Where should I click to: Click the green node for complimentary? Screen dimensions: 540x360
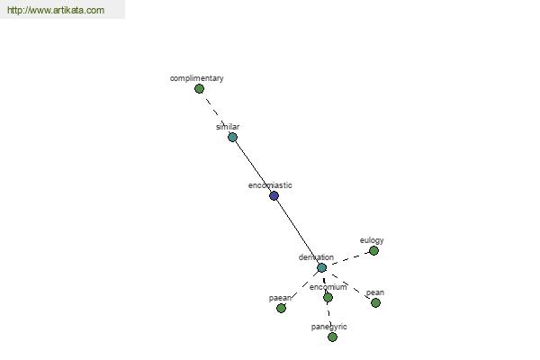click(x=199, y=89)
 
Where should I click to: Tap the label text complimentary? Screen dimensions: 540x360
click(x=196, y=78)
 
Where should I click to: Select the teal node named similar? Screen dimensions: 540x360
click(x=232, y=138)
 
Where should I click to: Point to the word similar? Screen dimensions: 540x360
click(x=228, y=127)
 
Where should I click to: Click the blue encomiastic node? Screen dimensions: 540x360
click(x=274, y=196)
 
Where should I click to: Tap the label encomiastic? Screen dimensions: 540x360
click(x=270, y=185)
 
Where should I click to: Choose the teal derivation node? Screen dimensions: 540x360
click(x=321, y=267)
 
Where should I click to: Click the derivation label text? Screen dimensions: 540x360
click(x=316, y=257)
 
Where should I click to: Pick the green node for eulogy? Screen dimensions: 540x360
click(x=373, y=251)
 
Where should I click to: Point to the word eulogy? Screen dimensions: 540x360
click(x=372, y=240)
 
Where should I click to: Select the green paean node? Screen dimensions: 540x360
click(x=281, y=308)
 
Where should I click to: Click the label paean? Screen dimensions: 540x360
click(x=280, y=298)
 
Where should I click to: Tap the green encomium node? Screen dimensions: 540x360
click(x=328, y=297)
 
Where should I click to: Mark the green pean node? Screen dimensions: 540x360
click(x=375, y=302)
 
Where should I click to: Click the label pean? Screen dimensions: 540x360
click(x=375, y=292)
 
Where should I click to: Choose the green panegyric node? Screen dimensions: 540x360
click(x=332, y=337)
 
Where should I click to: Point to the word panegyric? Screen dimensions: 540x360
click(x=328, y=327)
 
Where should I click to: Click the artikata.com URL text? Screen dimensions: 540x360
click(x=56, y=10)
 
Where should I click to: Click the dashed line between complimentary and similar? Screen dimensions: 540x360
click(x=216, y=113)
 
